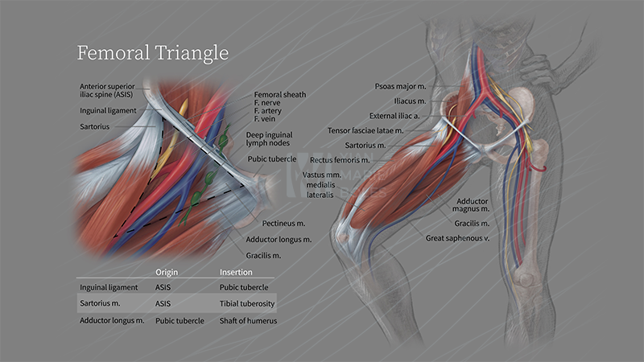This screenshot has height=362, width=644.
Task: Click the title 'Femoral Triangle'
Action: (x=153, y=53)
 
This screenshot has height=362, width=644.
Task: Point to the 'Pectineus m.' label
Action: (x=284, y=223)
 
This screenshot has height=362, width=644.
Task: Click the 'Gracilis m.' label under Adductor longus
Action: (x=263, y=255)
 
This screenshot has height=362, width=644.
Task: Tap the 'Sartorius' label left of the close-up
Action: (x=95, y=126)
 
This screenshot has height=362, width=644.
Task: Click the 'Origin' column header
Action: (x=167, y=272)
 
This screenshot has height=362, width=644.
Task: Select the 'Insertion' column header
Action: (x=236, y=272)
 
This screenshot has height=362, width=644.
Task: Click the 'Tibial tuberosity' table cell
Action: (x=247, y=303)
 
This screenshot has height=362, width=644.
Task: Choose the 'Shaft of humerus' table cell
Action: (x=248, y=321)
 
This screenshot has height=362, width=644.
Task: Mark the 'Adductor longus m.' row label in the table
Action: (x=112, y=321)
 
